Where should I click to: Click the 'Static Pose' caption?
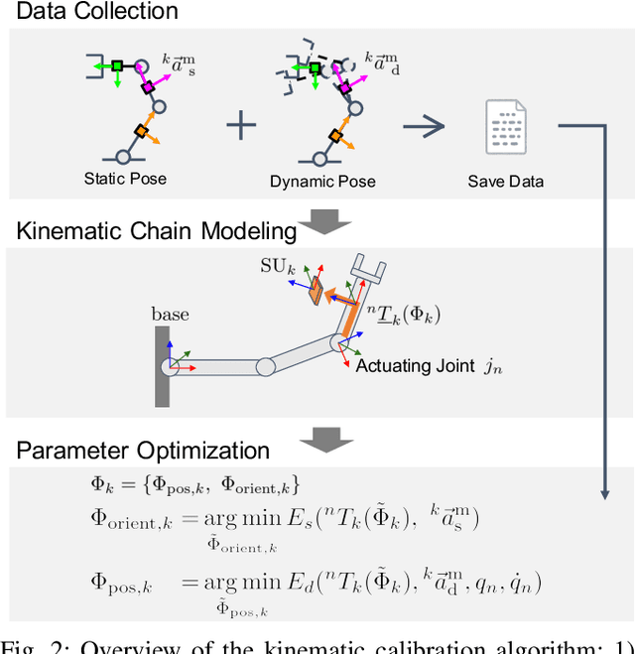tap(125, 179)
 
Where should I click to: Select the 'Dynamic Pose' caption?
tap(322, 182)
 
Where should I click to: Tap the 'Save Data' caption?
tap(506, 182)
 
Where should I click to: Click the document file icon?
tap(505, 126)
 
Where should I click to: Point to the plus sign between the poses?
tap(240, 125)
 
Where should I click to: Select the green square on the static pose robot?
tap(117, 66)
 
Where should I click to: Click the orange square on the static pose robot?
tap(142, 132)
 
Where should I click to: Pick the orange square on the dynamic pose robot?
tap(337, 132)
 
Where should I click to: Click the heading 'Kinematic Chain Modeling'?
tap(156, 231)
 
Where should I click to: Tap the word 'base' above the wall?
tap(170, 315)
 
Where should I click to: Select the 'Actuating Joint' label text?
tap(416, 366)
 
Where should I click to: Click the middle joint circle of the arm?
tap(265, 366)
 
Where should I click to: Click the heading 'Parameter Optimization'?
tap(143, 450)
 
